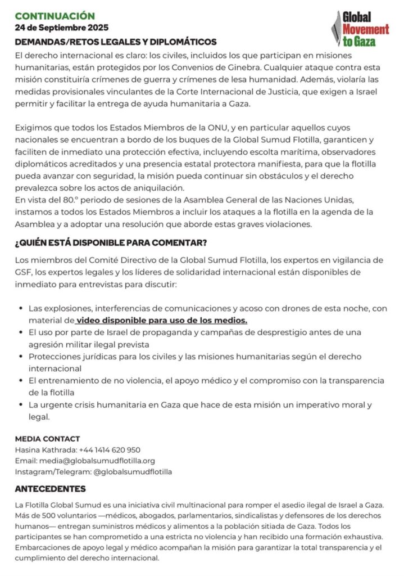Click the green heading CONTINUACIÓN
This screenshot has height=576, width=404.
55,16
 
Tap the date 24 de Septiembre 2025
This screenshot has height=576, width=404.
62,28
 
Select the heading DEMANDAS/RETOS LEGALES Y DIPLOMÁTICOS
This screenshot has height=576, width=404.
116,42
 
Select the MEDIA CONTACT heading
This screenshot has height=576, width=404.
48,439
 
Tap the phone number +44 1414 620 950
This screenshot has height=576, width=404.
110,450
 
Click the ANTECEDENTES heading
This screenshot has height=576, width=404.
51,489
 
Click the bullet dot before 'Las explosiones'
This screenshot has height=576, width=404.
21,309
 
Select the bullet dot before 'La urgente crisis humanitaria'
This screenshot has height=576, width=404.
21,405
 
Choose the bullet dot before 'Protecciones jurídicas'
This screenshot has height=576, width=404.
21,357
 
